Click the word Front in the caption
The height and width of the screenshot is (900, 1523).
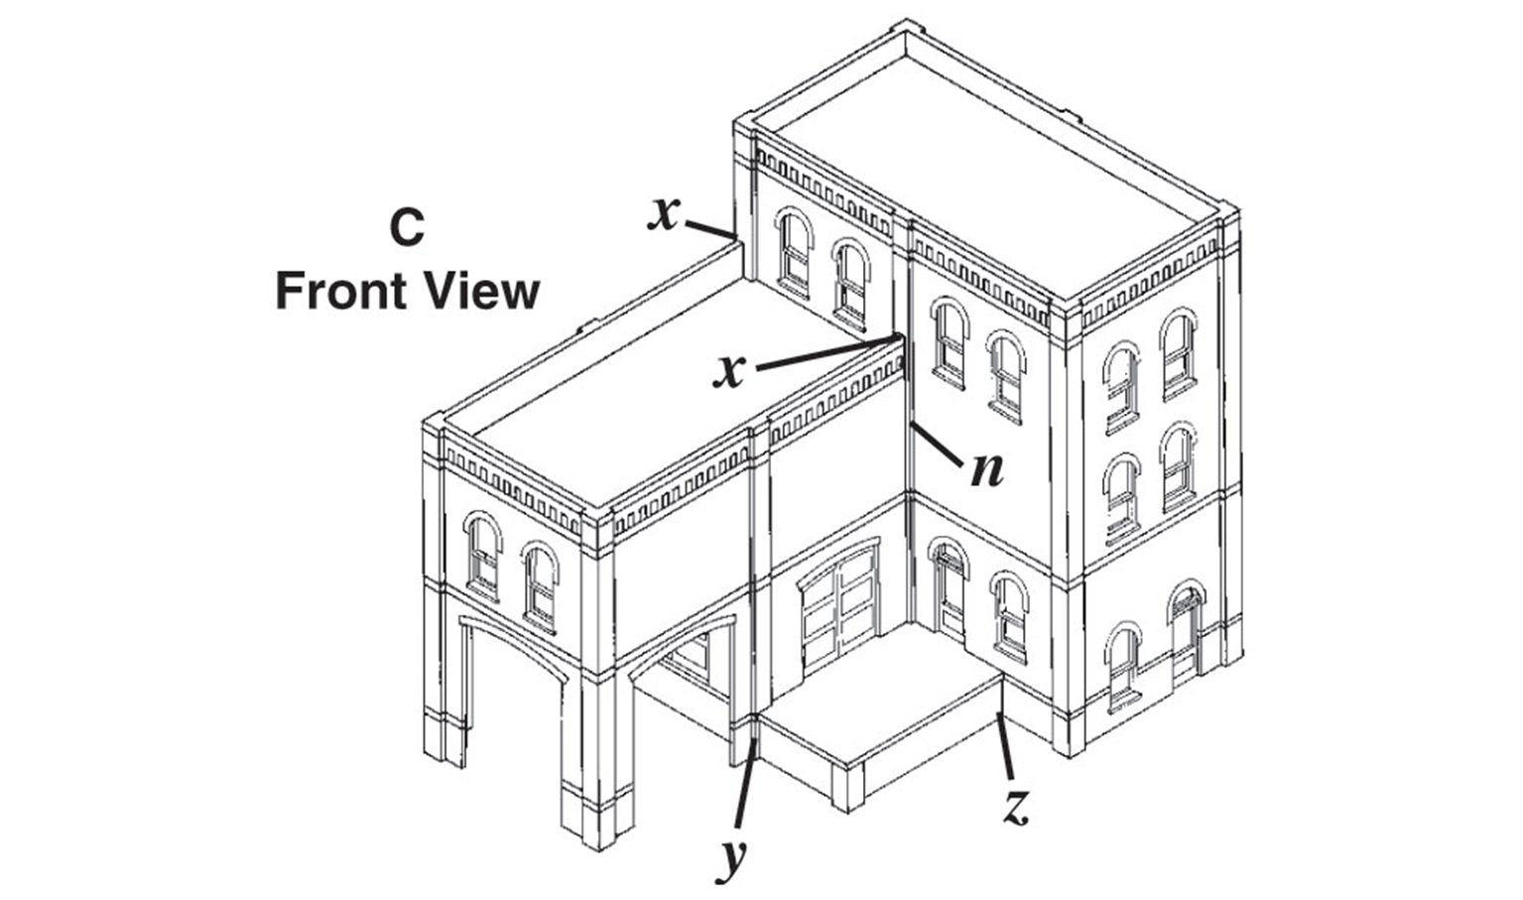click(335, 292)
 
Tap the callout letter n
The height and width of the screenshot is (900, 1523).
click(986, 469)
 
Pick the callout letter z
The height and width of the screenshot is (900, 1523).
click(1013, 808)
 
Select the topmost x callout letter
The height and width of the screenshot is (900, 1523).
click(665, 213)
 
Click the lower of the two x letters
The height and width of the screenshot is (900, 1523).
click(731, 370)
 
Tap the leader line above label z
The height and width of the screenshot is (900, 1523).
click(1006, 744)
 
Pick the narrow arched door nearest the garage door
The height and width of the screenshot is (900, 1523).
click(950, 589)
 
